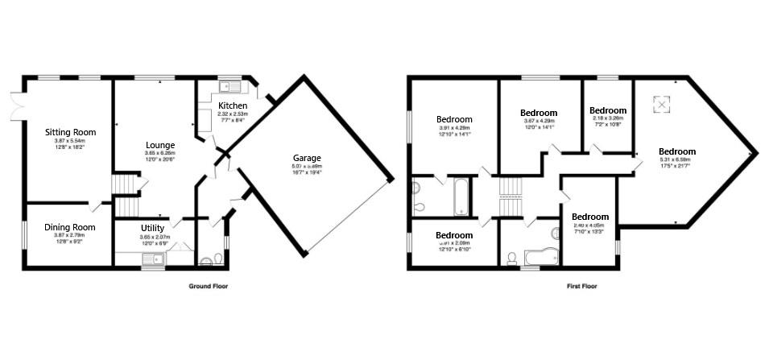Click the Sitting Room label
[71, 132]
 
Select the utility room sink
[151, 259]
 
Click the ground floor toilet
[209, 259]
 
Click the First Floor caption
[580, 286]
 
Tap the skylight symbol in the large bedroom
[661, 105]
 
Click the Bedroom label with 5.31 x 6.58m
[676, 151]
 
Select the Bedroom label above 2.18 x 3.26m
[607, 110]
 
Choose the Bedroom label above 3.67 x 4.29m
[539, 113]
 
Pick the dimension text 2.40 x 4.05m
[590, 226]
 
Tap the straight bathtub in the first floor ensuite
[461, 198]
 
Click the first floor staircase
[511, 197]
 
